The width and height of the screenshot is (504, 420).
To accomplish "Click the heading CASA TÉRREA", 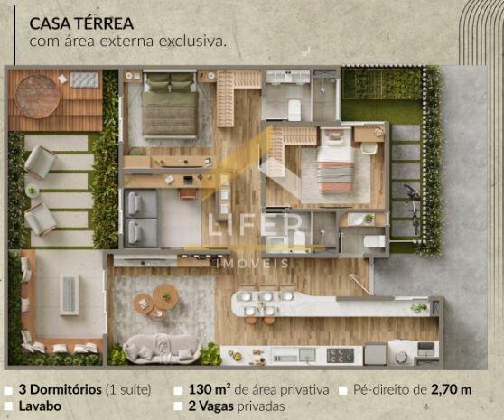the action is click(81, 23).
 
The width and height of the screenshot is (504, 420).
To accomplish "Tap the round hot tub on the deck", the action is click(38, 97).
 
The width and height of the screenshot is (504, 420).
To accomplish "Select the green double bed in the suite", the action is click(170, 105).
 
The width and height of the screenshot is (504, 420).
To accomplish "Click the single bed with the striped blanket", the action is click(336, 160).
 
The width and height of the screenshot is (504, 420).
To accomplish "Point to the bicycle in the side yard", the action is click(413, 206).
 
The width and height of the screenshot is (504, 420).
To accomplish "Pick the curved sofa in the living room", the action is click(163, 348).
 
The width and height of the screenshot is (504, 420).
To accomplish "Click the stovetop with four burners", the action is click(341, 355).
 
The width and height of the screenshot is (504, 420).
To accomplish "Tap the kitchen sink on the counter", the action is click(308, 355).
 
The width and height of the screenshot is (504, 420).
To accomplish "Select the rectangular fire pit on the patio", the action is click(70, 294).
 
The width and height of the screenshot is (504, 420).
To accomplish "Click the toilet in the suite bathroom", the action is click(294, 110).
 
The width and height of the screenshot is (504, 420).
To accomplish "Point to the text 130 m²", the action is click(210, 390).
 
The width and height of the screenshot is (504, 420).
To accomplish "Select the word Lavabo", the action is click(40, 406).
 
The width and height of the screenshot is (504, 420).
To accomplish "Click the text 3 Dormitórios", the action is click(61, 390).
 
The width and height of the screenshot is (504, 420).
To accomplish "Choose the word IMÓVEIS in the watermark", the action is click(253, 264).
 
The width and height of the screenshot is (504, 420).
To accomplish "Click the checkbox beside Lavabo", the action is click(8, 406).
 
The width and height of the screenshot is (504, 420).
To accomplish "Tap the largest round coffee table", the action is click(165, 297).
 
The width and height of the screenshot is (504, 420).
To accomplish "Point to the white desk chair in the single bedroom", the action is click(369, 147).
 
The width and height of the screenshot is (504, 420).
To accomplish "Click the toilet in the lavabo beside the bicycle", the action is click(375, 242).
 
